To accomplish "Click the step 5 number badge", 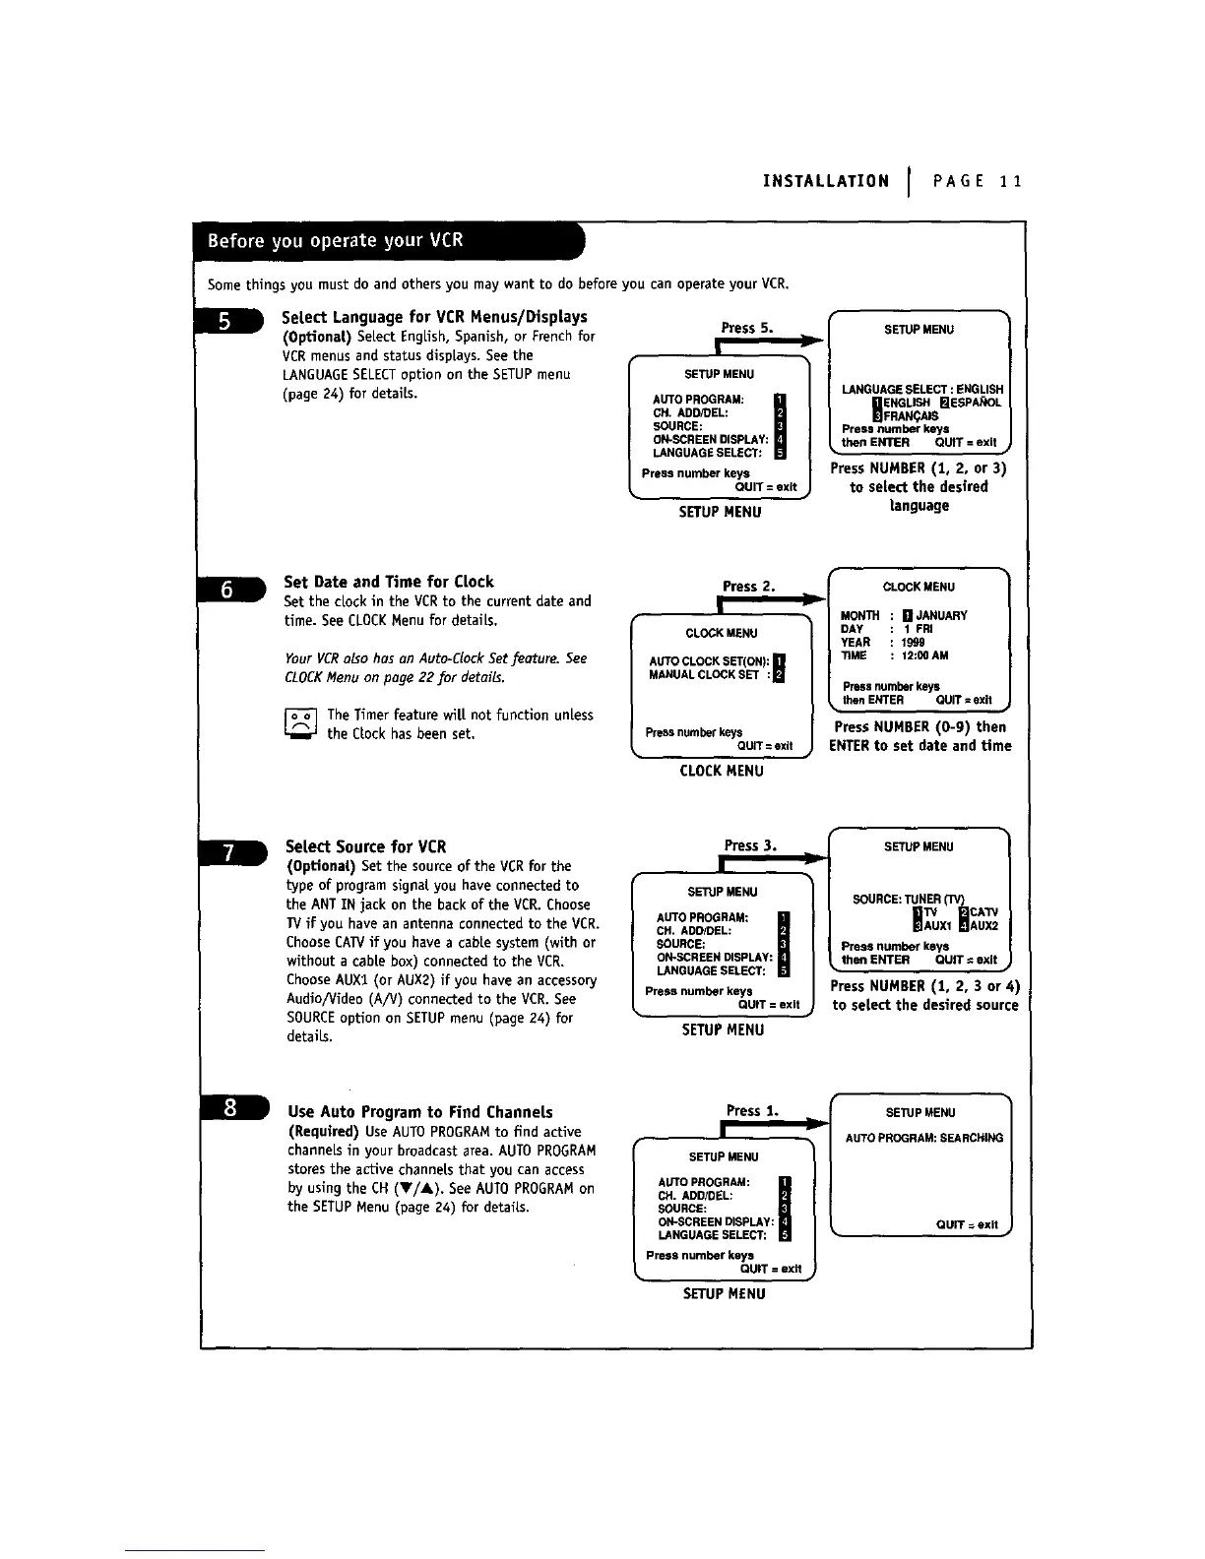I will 228,322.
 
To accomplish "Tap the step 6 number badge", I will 229,589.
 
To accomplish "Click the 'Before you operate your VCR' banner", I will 335,242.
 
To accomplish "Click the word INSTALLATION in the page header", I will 826,181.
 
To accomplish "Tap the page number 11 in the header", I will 1009,181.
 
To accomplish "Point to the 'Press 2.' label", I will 749,587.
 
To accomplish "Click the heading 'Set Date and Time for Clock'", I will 389,582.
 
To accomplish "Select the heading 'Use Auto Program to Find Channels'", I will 420,1112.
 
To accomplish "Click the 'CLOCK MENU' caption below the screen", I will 722,771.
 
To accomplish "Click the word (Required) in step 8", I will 324,1132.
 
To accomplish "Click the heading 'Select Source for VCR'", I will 365,846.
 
